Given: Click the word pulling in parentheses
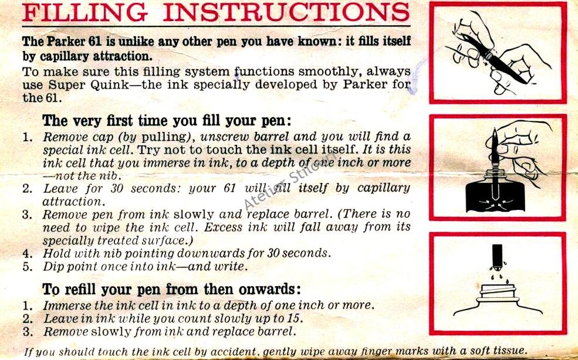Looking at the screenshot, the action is point(164,138).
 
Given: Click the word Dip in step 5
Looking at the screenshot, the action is point(52,267).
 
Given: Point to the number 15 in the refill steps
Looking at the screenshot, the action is point(298,318).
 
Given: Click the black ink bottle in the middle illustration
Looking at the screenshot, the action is point(495,193).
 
